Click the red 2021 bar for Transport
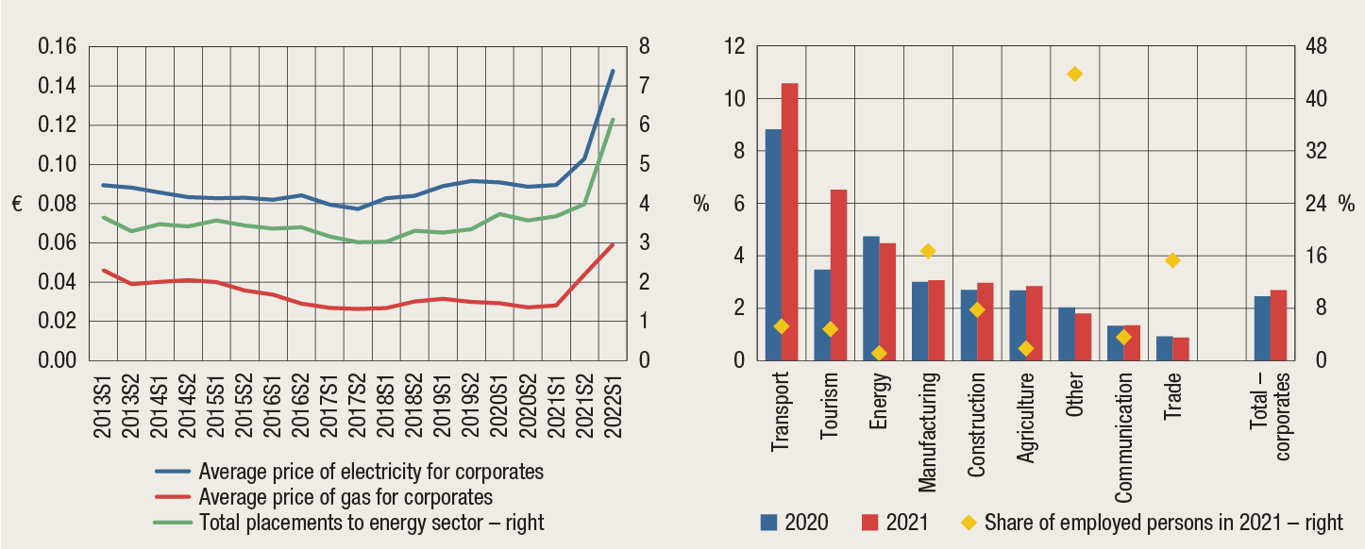[789, 222]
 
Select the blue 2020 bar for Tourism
[822, 315]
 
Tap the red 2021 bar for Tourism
[838, 274]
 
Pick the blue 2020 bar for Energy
[870, 298]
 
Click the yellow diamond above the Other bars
[1074, 74]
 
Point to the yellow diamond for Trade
[1172, 260]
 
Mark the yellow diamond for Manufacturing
[928, 251]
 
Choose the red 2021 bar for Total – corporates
[1278, 324]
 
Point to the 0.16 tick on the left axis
[58, 46]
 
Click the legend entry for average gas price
[345, 496]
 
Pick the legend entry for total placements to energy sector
[372, 522]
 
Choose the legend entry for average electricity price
[372, 471]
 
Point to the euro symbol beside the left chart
[17, 204]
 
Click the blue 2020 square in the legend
[769, 522]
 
